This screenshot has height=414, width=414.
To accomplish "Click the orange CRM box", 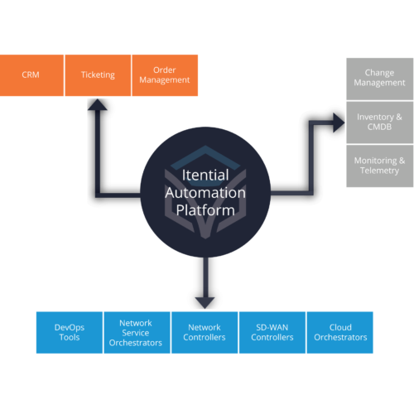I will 31,75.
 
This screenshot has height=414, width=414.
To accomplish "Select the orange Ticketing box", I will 98,75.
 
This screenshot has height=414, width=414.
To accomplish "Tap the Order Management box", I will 165,75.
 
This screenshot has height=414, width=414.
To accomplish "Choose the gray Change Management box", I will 379,79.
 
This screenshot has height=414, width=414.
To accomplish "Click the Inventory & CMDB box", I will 379,123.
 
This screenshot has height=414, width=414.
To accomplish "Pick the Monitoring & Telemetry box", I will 379,166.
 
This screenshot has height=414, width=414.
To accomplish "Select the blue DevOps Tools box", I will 70,332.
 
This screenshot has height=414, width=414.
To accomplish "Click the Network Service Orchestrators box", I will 136,332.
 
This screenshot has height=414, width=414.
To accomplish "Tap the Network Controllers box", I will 204,332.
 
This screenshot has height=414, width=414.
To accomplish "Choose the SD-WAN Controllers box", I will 272,332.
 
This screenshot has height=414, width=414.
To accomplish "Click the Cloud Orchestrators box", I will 339,332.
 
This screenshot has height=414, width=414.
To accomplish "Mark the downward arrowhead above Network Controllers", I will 204,301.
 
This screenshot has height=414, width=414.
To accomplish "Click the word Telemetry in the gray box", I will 379,171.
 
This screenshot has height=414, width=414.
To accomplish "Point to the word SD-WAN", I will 272,326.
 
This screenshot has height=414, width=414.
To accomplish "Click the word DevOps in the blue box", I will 70,326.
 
